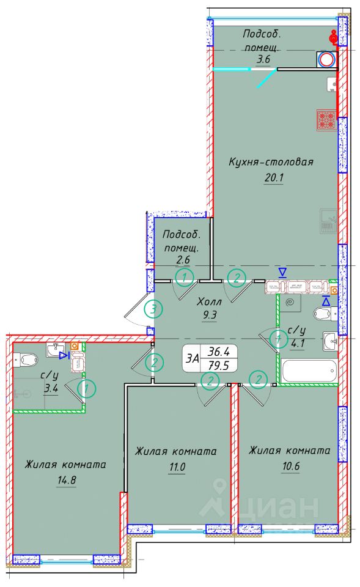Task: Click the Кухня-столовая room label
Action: coord(271,162)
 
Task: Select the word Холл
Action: coord(208,301)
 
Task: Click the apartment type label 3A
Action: coord(193,359)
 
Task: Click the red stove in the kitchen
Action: coord(326,120)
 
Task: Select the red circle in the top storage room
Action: coord(326,59)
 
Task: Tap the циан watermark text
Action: coord(279,508)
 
